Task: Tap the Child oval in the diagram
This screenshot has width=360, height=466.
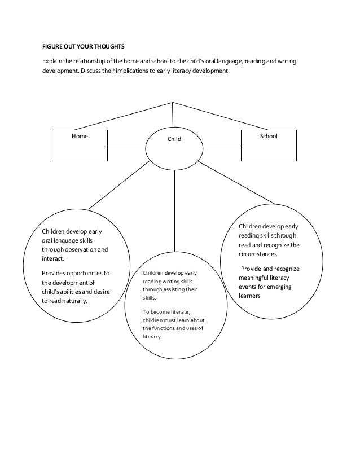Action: click(174, 146)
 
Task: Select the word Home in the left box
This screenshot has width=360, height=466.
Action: click(80, 136)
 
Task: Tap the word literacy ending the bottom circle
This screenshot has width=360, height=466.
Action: click(152, 337)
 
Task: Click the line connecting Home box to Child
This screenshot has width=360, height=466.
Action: click(127, 146)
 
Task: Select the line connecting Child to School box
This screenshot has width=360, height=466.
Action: click(222, 146)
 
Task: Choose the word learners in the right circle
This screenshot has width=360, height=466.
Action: click(249, 293)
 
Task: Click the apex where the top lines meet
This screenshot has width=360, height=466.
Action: click(173, 103)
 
